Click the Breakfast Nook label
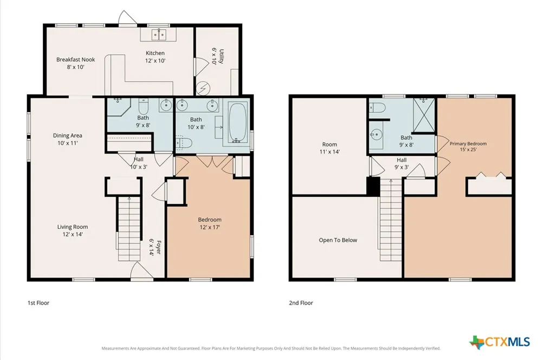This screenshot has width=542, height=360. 76,63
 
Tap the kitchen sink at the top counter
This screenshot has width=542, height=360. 159,35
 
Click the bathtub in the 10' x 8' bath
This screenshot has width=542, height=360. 237,123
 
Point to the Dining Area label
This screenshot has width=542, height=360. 67,139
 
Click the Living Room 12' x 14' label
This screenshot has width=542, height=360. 73,230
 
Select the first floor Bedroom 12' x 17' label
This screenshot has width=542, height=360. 210,223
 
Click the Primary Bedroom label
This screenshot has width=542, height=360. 468,146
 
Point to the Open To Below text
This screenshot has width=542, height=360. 338,240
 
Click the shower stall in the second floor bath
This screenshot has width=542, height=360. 424,115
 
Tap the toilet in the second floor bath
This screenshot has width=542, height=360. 377,108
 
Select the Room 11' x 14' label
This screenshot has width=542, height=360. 330,147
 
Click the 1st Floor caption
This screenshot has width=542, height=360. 38,303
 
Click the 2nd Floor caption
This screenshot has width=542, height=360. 301,303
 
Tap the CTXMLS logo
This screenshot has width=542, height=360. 500,342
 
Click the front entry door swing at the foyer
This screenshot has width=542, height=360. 141,270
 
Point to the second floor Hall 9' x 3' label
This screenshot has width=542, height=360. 402,163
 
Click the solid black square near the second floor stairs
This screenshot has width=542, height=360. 373,186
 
